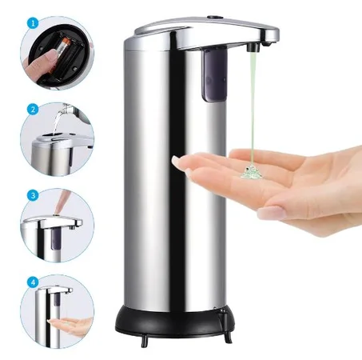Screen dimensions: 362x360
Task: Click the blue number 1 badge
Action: (33, 23)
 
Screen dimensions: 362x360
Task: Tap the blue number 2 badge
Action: (33, 110)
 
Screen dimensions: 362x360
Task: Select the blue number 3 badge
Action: (33, 195)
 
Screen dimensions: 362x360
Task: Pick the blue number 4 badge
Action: (33, 282)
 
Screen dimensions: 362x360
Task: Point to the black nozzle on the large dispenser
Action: (253, 47)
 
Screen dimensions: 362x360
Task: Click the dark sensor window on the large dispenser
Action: (215, 74)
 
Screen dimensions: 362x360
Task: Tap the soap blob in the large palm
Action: (251, 171)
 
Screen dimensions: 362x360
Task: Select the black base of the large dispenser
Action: (175, 319)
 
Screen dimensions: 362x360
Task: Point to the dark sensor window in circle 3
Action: (56, 239)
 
